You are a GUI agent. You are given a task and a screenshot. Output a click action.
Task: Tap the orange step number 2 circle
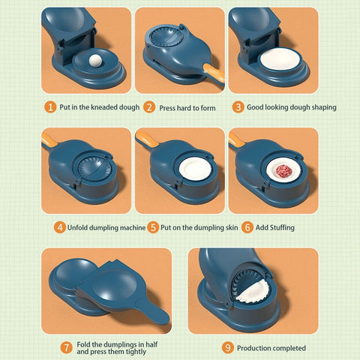(149, 107)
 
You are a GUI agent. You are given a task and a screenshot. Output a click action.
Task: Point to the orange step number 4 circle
(58, 227)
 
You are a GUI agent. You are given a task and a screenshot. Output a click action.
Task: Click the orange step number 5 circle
(152, 227)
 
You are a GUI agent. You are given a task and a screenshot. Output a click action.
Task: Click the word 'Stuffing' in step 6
(280, 227)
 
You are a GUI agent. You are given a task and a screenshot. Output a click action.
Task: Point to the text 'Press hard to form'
(187, 107)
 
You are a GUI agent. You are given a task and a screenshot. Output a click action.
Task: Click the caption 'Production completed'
(271, 347)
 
